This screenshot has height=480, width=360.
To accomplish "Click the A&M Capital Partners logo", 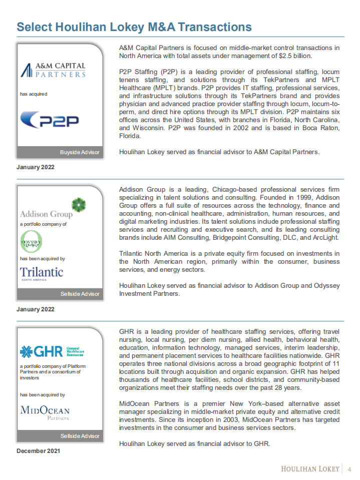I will [x=53, y=70].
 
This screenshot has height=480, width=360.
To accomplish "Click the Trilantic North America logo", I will [x=42, y=273].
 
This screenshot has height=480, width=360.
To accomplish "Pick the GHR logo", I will [x=52, y=351].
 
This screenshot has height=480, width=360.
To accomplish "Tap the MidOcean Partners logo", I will [x=45, y=412].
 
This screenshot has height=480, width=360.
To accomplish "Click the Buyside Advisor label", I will [x=80, y=152].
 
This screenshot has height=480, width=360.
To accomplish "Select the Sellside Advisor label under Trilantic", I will [x=80, y=294].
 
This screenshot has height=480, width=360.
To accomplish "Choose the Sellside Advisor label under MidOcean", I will [x=80, y=436].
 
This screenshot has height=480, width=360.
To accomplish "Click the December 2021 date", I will [x=39, y=451].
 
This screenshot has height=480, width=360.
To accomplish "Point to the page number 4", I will [x=349, y=469].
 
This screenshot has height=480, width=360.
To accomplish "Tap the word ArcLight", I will [x=325, y=237].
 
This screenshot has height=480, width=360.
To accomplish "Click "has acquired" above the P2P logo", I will [x=34, y=94].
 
